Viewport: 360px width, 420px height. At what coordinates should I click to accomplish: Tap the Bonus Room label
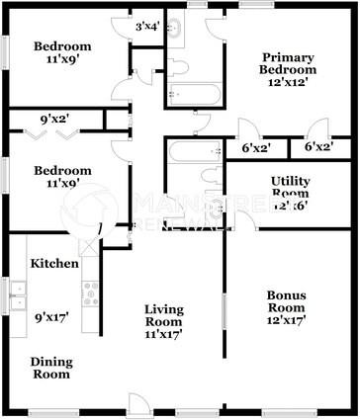[x=287, y=301]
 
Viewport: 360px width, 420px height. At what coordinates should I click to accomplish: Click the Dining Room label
[x=49, y=368]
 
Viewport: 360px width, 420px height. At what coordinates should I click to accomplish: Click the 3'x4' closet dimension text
[x=147, y=27]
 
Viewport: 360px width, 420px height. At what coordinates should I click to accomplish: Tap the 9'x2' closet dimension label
[x=52, y=119]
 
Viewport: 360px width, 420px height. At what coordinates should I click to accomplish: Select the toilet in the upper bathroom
[x=180, y=67]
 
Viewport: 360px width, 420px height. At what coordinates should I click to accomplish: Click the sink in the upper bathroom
[x=176, y=27]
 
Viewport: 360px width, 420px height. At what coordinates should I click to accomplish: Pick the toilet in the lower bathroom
[x=209, y=176]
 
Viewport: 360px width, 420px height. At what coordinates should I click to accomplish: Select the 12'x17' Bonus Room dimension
[x=287, y=320]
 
